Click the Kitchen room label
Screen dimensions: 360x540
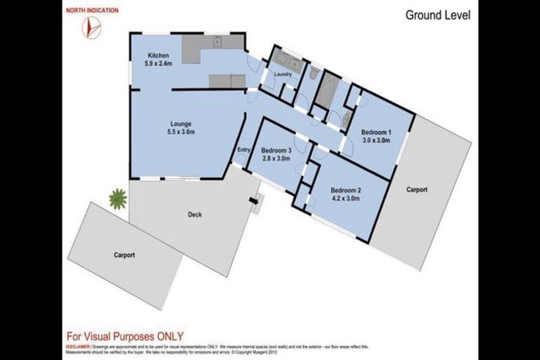pos(157,56)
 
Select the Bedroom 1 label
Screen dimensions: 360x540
pos(375,132)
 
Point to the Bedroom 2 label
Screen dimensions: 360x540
pos(345,190)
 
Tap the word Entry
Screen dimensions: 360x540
pos(244,149)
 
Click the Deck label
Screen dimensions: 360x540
pos(195,214)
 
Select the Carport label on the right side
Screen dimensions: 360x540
pos(416,190)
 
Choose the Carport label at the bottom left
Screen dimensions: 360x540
pos(124,255)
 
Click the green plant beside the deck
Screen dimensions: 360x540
pos(117,199)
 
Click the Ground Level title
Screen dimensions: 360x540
pos(437,15)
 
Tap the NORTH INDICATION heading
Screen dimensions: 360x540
pos(92,11)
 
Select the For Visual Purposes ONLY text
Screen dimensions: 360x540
pos(124,336)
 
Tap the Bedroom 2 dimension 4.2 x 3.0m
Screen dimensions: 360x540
pos(345,198)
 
